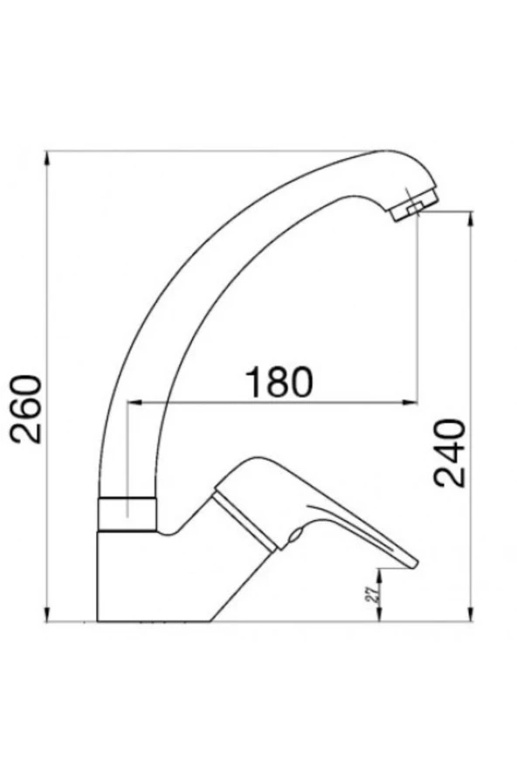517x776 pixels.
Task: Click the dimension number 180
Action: click(x=278, y=382)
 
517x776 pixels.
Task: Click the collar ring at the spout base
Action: click(x=129, y=513)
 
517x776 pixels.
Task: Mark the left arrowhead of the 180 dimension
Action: click(x=133, y=403)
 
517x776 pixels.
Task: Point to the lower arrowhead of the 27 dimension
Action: click(x=380, y=618)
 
